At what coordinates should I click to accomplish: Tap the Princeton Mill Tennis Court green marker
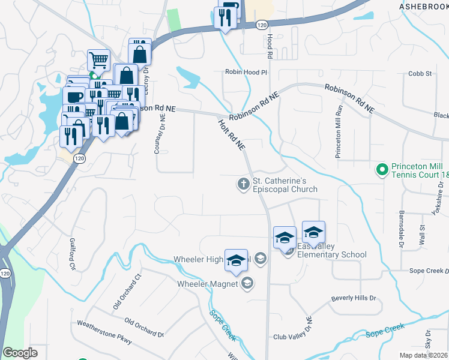coord(380,170)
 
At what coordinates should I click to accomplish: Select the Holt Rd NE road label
coord(232,133)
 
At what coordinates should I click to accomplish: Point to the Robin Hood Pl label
coord(246,71)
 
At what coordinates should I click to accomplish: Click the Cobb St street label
coord(420,74)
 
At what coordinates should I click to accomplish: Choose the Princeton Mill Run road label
coord(339,131)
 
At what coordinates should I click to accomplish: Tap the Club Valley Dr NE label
coord(294,328)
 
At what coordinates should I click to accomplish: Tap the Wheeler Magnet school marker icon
coord(247,284)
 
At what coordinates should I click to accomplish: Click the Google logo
coord(20,353)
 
